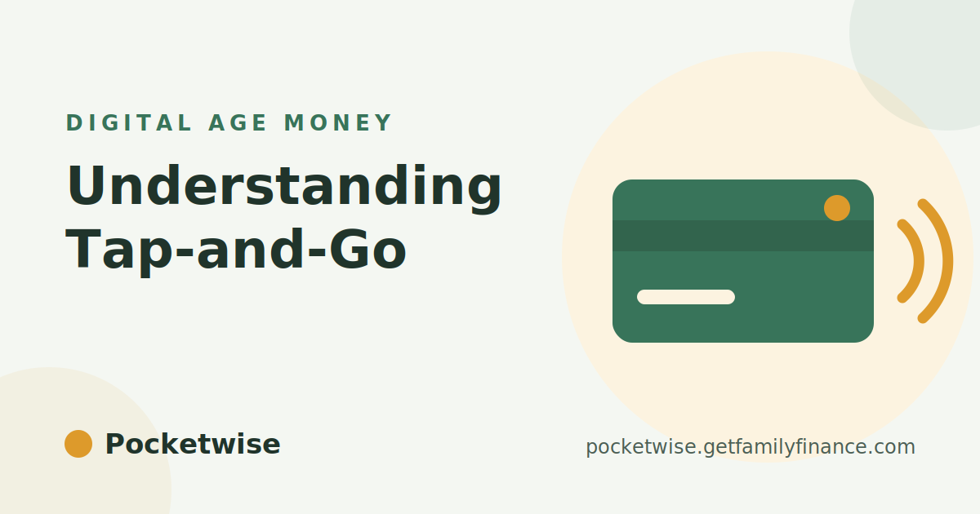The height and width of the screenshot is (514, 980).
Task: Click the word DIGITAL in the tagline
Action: click(129, 123)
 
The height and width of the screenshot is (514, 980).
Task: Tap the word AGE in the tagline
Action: click(238, 123)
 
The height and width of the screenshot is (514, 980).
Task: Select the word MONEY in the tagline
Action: click(338, 123)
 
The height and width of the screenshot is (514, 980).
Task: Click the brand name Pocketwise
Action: click(193, 444)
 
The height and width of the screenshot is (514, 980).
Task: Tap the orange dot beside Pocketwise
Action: click(78, 444)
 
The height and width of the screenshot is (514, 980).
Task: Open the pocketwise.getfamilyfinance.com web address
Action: click(751, 447)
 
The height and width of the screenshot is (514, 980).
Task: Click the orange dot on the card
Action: click(837, 208)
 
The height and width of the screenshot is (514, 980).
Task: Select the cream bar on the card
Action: click(686, 297)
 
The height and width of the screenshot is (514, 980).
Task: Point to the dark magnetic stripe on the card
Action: click(743, 236)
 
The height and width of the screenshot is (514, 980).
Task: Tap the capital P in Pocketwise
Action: click(114, 444)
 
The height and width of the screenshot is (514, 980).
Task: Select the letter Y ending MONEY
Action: click(384, 123)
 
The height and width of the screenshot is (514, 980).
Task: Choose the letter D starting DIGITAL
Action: click(73, 123)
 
